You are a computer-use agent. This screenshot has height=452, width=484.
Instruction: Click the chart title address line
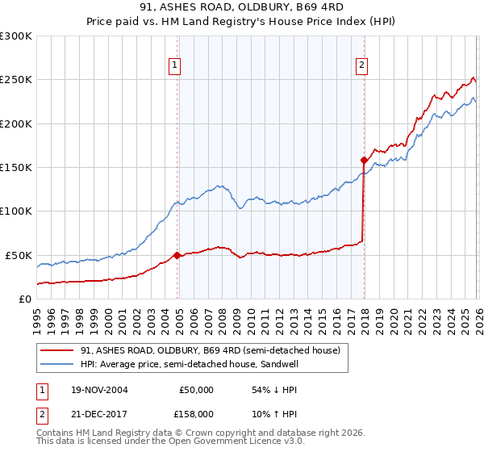pyautogui.click(x=242, y=6)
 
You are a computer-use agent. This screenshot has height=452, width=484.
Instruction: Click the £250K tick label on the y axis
pyautogui.click(x=16, y=80)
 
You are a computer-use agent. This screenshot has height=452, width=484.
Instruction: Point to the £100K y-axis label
pyautogui.click(x=16, y=211)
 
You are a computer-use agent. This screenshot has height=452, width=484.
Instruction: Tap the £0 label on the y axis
pyautogui.click(x=24, y=299)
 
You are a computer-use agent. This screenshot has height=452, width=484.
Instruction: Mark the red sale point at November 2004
pyautogui.click(x=177, y=255)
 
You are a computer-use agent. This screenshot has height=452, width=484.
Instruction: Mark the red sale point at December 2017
pyautogui.click(x=363, y=160)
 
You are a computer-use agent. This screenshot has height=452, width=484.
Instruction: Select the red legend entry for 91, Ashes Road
pyautogui.click(x=210, y=350)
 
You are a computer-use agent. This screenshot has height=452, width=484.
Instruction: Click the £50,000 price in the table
pyautogui.click(x=196, y=389)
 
